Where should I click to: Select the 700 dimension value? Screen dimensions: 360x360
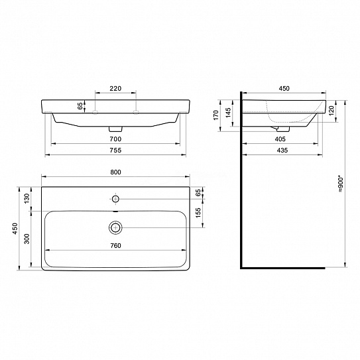point(115,139)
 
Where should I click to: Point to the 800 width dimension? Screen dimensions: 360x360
point(115,172)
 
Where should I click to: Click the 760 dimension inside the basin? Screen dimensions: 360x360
point(115,246)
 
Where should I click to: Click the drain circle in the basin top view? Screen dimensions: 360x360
point(115,227)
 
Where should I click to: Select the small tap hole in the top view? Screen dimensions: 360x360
point(115,198)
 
